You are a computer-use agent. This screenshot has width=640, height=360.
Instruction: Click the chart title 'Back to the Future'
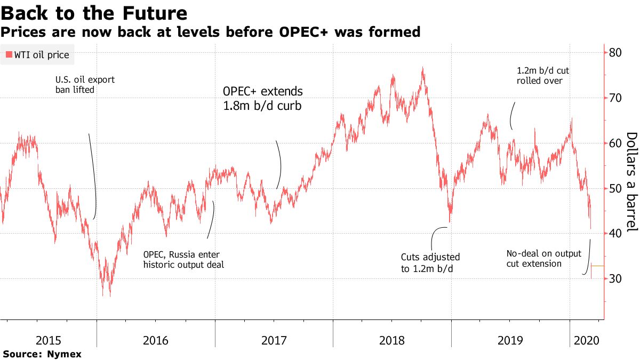(94, 13)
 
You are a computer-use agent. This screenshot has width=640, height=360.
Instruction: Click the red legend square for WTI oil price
(9, 54)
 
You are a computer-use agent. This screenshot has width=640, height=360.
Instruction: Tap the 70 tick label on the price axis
(615, 98)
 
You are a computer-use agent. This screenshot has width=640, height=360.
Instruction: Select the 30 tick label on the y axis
(615, 278)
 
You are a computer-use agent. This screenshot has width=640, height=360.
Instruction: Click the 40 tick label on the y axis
(615, 234)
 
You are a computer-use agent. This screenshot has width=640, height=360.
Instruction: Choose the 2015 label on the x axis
(49, 340)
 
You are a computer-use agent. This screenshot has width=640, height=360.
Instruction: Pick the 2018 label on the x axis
(391, 340)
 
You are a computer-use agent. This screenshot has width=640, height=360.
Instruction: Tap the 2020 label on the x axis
(587, 340)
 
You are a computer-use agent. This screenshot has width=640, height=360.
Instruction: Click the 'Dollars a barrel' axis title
(631, 182)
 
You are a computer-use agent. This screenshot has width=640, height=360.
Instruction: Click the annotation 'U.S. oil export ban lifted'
(85, 85)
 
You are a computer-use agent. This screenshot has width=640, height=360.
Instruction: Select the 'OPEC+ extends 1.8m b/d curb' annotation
(262, 99)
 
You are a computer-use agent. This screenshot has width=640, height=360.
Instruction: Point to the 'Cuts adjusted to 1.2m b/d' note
(430, 263)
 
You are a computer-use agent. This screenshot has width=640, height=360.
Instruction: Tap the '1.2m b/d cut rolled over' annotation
(542, 76)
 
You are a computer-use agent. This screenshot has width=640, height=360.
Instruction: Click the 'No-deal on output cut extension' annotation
(543, 259)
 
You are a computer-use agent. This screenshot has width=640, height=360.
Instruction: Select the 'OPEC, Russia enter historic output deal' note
(183, 259)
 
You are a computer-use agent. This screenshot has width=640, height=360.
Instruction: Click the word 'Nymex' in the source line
(64, 354)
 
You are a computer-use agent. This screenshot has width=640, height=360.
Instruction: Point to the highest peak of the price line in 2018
(422, 67)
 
